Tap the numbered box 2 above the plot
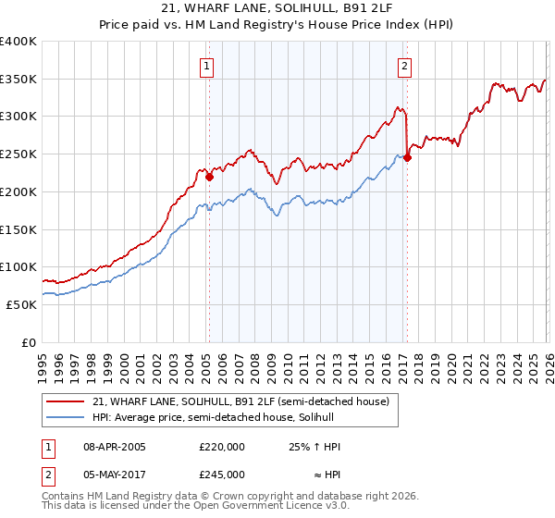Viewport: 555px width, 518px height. coord(405,66)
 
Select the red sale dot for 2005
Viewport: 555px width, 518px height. coord(210,177)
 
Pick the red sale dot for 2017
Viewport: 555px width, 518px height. coord(407,157)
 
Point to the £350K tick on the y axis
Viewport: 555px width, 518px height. coord(18,80)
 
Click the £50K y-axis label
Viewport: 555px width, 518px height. coord(20,304)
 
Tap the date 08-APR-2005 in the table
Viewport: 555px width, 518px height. coord(115,447)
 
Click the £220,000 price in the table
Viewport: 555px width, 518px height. coord(222,447)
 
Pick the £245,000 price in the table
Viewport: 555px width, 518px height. coord(222,475)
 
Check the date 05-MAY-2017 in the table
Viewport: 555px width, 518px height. coord(115,475)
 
